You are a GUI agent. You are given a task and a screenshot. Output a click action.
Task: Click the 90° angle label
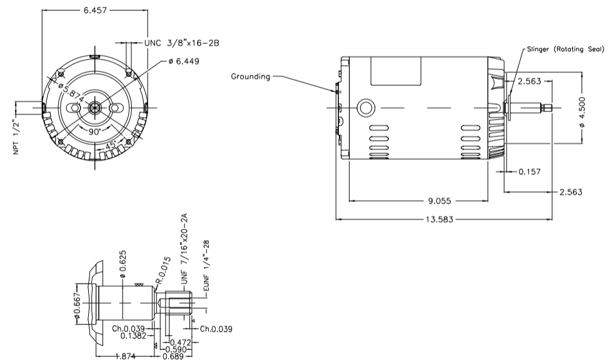coord(94,133)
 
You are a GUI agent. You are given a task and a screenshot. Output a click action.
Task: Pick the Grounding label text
coord(251,77)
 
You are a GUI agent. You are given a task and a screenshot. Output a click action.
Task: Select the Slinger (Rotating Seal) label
coord(564,49)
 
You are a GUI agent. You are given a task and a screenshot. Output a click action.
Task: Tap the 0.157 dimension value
coord(530,171)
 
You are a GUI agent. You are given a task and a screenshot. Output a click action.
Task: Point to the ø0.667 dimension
coord(78,306)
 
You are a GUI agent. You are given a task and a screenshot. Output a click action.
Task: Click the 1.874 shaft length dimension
coord(126,356)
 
